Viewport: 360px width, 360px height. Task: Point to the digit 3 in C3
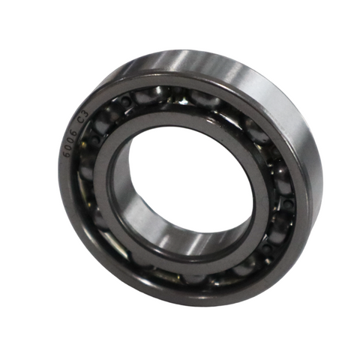pos(85,114)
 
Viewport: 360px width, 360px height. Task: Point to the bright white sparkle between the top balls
pos(184,101)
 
